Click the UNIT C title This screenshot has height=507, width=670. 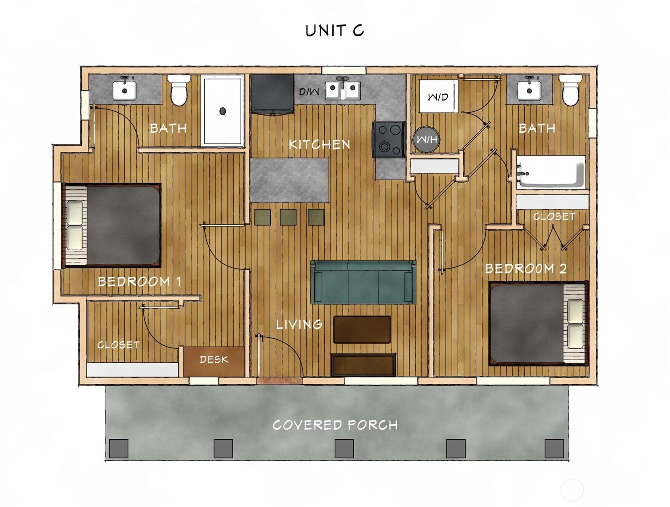[334, 30]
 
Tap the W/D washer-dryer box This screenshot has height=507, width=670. [438, 96]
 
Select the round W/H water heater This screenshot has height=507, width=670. [427, 139]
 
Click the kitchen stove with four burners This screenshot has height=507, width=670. [389, 139]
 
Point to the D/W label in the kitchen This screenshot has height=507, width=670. [309, 91]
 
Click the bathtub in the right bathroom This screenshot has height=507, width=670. [550, 172]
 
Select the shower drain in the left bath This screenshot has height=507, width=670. [222, 111]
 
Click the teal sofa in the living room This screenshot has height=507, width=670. [363, 281]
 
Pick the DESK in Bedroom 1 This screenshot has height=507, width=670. [214, 361]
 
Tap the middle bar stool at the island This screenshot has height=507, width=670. [288, 217]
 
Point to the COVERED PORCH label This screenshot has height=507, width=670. [335, 425]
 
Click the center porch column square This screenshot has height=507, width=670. [344, 449]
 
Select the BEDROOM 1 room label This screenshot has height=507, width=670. [139, 281]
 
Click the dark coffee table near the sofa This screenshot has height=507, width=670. [362, 329]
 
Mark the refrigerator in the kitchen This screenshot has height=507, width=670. [272, 93]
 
